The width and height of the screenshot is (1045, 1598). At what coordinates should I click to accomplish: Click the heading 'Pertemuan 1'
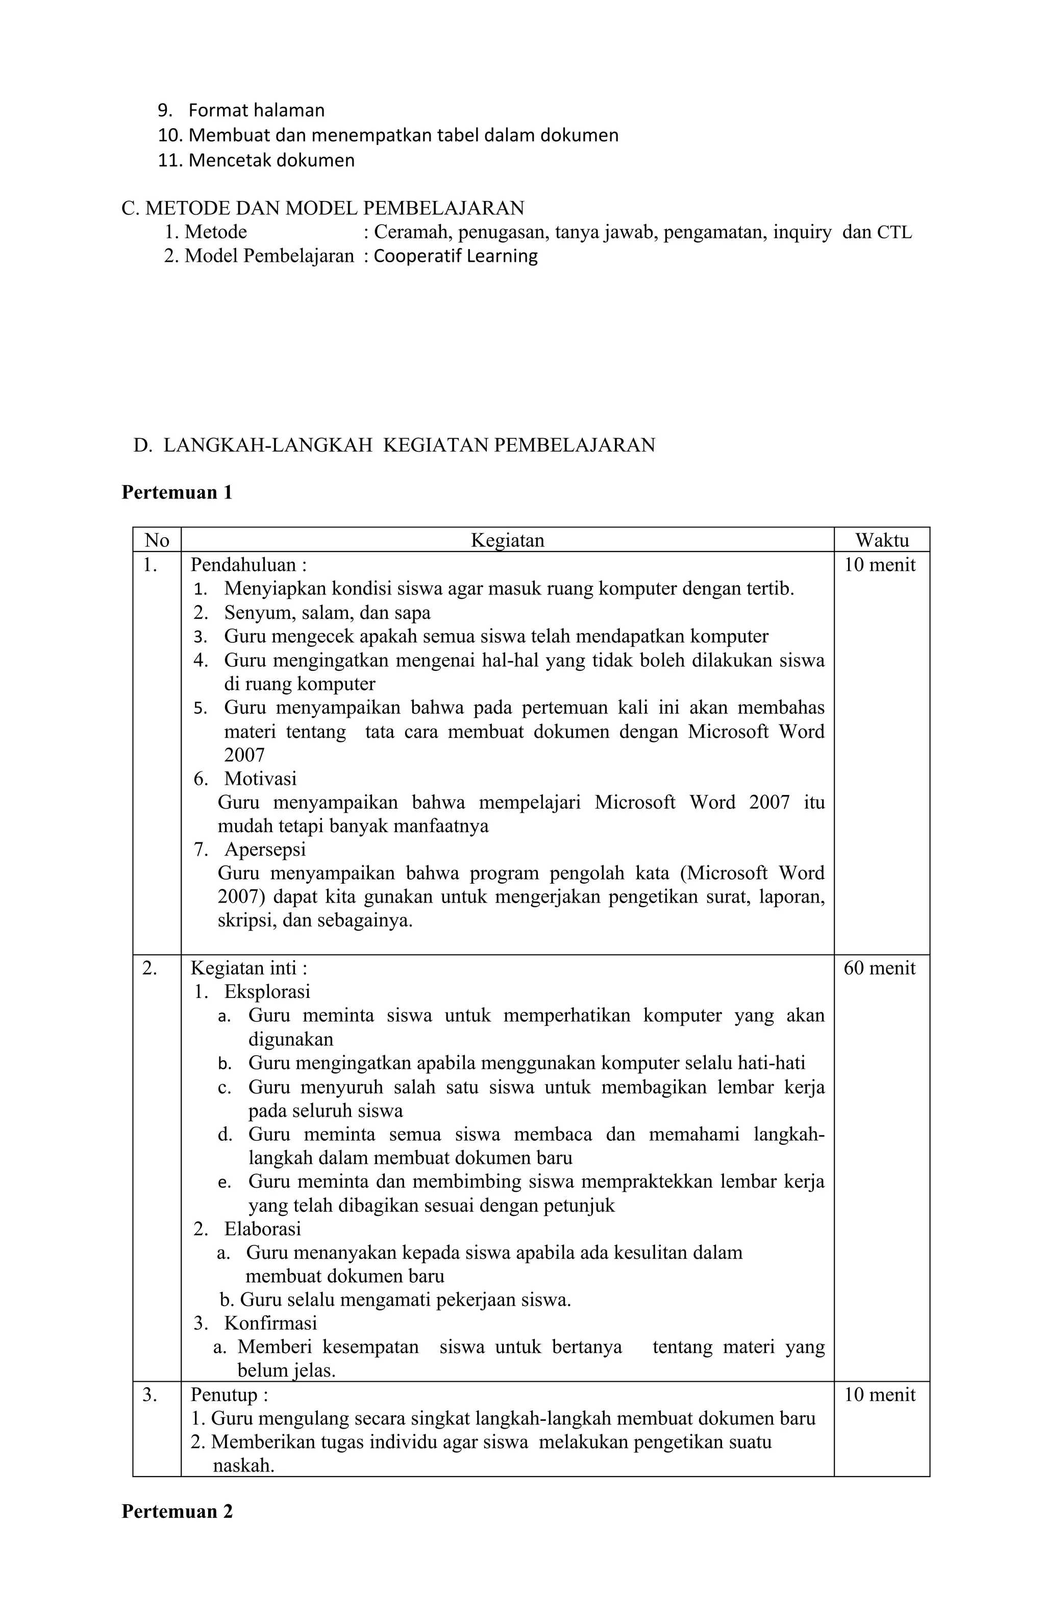pyautogui.click(x=177, y=493)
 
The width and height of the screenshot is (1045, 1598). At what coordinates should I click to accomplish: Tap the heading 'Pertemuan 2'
pyautogui.click(x=177, y=1511)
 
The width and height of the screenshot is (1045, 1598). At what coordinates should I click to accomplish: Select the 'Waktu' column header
pyautogui.click(x=881, y=540)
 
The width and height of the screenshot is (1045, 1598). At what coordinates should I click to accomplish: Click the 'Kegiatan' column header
pyautogui.click(x=507, y=540)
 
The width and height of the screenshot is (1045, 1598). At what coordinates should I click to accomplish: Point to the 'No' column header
pyautogui.click(x=157, y=540)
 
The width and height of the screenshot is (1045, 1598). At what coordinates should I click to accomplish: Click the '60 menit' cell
pyautogui.click(x=879, y=968)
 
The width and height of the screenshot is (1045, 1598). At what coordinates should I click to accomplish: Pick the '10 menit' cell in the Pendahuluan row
pyautogui.click(x=879, y=565)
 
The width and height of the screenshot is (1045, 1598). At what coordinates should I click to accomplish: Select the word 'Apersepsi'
pyautogui.click(x=265, y=850)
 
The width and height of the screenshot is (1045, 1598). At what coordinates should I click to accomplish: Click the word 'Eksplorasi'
pyautogui.click(x=267, y=992)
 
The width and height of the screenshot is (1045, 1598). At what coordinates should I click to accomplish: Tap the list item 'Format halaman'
pyautogui.click(x=256, y=110)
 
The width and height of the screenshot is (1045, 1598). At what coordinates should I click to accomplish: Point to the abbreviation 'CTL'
pyautogui.click(x=894, y=232)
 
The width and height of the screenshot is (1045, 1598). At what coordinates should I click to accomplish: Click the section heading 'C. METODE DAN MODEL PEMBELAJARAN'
pyautogui.click(x=322, y=208)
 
